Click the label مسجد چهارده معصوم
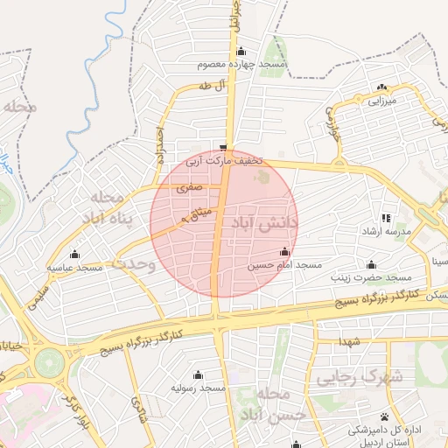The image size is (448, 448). coord(242,66)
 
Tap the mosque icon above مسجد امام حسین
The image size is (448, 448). coord(283,252)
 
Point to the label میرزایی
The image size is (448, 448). coord(381,101)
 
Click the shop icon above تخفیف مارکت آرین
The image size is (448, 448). coord(224,147)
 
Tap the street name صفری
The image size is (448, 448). coord(188,186)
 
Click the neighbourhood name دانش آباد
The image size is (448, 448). coord(264,224)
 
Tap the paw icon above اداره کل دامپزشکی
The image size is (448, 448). coord(384,416)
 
